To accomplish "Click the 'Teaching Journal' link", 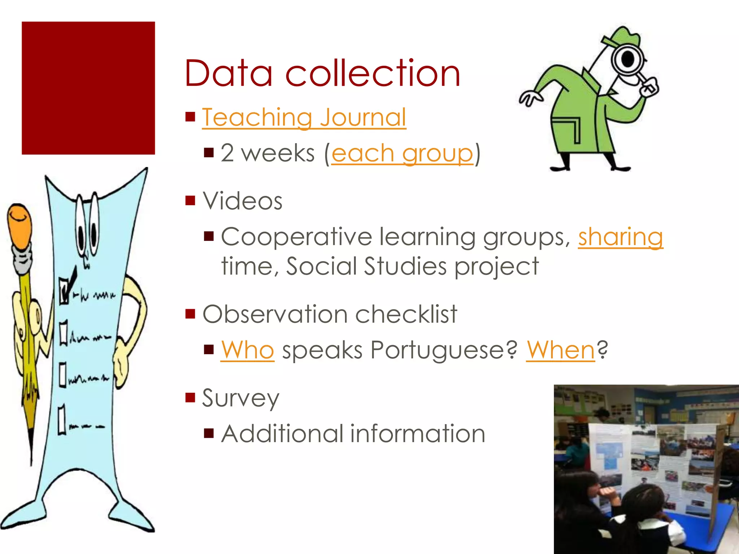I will pyautogui.click(x=304, y=118).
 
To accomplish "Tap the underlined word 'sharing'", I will pyautogui.click(x=620, y=237).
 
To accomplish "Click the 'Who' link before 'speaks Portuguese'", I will pyautogui.click(x=248, y=350).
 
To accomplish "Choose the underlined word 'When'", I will pyautogui.click(x=560, y=350).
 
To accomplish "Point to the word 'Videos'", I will pyautogui.click(x=242, y=201).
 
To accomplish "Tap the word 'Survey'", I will pyautogui.click(x=241, y=399).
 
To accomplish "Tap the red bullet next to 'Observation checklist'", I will pyautogui.click(x=190, y=314).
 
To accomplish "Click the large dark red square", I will pyautogui.click(x=88, y=88).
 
